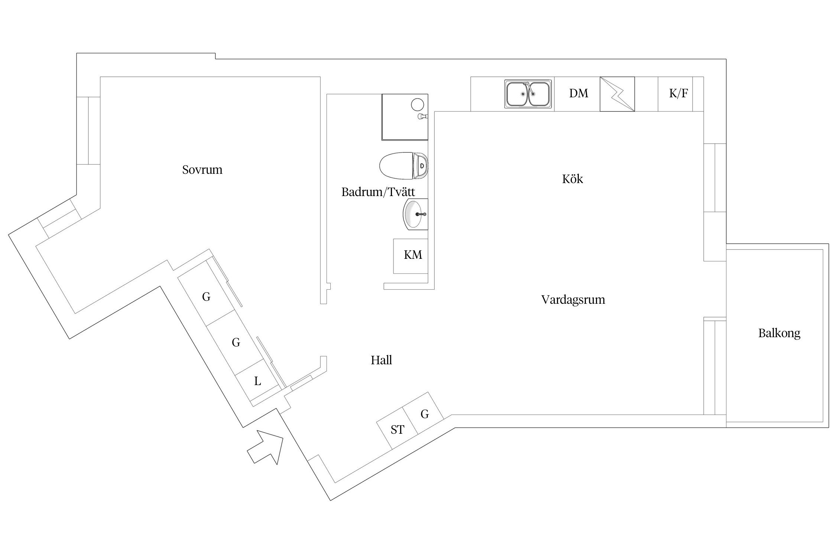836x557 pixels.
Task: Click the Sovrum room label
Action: pyautogui.click(x=202, y=170)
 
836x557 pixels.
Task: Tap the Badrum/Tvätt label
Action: pyautogui.click(x=378, y=192)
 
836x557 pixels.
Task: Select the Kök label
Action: pyautogui.click(x=572, y=179)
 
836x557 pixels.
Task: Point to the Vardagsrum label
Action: pyautogui.click(x=573, y=299)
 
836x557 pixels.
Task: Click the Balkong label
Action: pyautogui.click(x=779, y=333)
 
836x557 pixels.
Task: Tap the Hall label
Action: pyautogui.click(x=381, y=360)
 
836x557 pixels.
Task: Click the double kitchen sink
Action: pyautogui.click(x=528, y=94)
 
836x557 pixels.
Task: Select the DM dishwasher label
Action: pyautogui.click(x=579, y=93)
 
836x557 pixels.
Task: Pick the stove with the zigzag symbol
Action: pyautogui.click(x=617, y=94)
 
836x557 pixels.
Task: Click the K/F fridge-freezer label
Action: pyautogui.click(x=678, y=94)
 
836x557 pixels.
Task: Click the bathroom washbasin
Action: pyautogui.click(x=414, y=214)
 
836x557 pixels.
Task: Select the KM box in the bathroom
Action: pyautogui.click(x=412, y=255)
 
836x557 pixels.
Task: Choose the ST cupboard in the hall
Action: pyautogui.click(x=397, y=430)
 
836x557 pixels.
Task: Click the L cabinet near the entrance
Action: pyautogui.click(x=257, y=381)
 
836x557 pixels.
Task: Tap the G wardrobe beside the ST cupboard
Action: pyautogui.click(x=424, y=414)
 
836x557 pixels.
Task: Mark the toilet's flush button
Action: pyautogui.click(x=422, y=166)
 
